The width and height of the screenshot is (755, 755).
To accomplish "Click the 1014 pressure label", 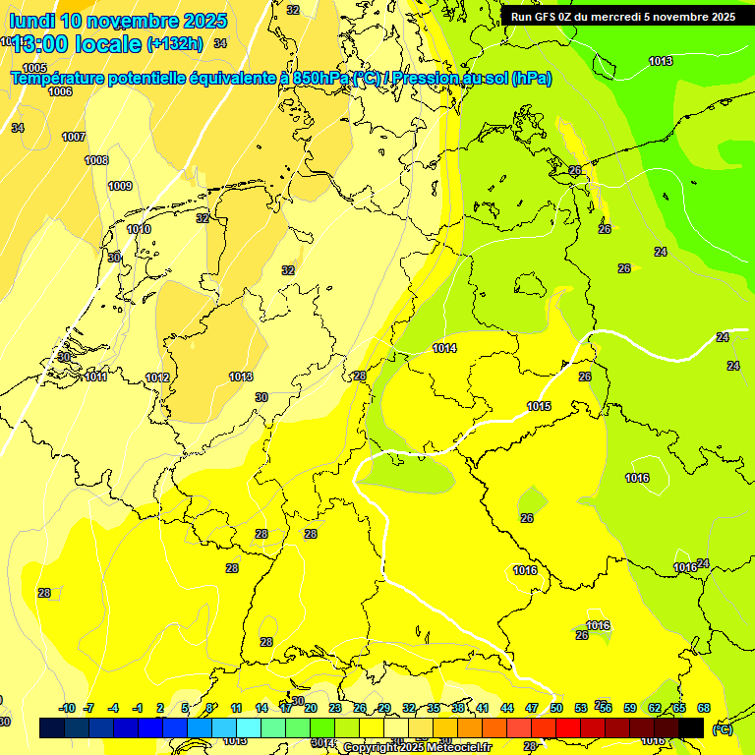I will pyautogui.click(x=444, y=348).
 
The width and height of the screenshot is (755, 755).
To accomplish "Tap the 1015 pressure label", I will pyautogui.click(x=539, y=406).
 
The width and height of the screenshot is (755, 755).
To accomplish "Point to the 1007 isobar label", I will pyautogui.click(x=74, y=137).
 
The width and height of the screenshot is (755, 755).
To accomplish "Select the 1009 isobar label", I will pyautogui.click(x=120, y=186).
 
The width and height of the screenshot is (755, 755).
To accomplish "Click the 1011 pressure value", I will pyautogui.click(x=95, y=377).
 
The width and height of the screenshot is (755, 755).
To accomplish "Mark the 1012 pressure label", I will pyautogui.click(x=157, y=377).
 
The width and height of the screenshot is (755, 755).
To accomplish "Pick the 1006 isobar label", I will pyautogui.click(x=60, y=91).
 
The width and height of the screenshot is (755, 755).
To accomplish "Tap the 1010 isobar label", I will pyautogui.click(x=139, y=229).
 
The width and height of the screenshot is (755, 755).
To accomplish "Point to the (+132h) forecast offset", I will pyautogui.click(x=175, y=43).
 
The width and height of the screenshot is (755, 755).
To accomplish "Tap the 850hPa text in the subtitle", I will pyautogui.click(x=321, y=78).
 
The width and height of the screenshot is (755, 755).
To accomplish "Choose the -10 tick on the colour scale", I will pyautogui.click(x=67, y=708).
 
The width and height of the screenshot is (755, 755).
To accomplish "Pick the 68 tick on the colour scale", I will pyautogui.click(x=704, y=708).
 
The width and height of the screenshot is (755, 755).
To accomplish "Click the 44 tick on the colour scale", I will pyautogui.click(x=507, y=708).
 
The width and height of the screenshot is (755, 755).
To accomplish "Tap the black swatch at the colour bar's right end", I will pyautogui.click(x=691, y=727).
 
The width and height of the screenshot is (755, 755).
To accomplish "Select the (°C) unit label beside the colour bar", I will pyautogui.click(x=722, y=728).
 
